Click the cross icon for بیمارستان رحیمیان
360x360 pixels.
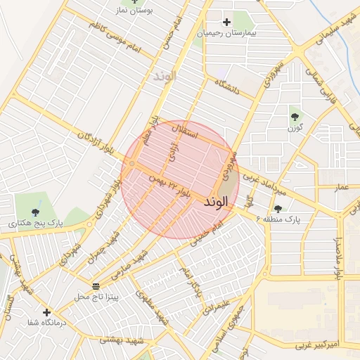226,22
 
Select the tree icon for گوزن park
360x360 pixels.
294,117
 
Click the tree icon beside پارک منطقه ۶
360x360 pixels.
278,209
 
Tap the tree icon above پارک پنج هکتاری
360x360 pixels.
36,212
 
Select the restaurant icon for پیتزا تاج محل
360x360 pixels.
96,285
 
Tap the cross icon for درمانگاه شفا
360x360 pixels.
46,312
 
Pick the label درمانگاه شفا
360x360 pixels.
46,323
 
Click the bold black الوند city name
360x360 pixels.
215,202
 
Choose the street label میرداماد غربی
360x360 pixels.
266,184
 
